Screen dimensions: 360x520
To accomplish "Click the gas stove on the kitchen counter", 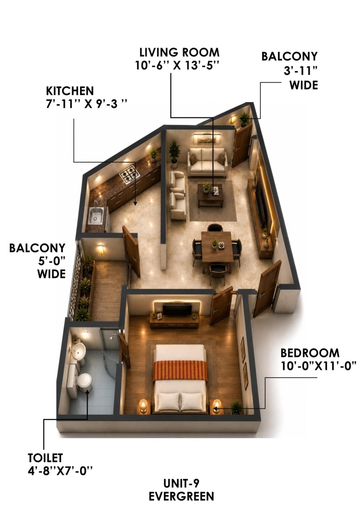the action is pyautogui.click(x=130, y=174).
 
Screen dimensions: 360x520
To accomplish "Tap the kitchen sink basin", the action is pyautogui.click(x=96, y=216).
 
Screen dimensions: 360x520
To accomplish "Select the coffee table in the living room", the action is pyautogui.click(x=210, y=195).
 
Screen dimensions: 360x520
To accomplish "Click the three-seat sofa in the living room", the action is pyautogui.click(x=208, y=162).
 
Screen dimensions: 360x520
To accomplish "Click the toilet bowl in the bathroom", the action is pyautogui.click(x=84, y=381).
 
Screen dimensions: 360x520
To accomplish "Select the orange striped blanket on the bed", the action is pyautogui.click(x=180, y=371).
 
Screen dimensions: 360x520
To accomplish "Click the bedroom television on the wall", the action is pyautogui.click(x=177, y=310).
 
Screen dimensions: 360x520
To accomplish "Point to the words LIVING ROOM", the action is pyautogui.click(x=179, y=52).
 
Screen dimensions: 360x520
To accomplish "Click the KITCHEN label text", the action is pyautogui.click(x=70, y=91).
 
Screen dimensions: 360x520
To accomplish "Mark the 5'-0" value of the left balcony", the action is pyautogui.click(x=52, y=261).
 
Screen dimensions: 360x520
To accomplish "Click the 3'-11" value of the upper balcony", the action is pyautogui.click(x=300, y=71).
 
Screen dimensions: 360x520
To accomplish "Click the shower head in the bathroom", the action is pyautogui.click(x=112, y=336).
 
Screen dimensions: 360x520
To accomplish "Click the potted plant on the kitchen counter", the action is pyautogui.click(x=154, y=155).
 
